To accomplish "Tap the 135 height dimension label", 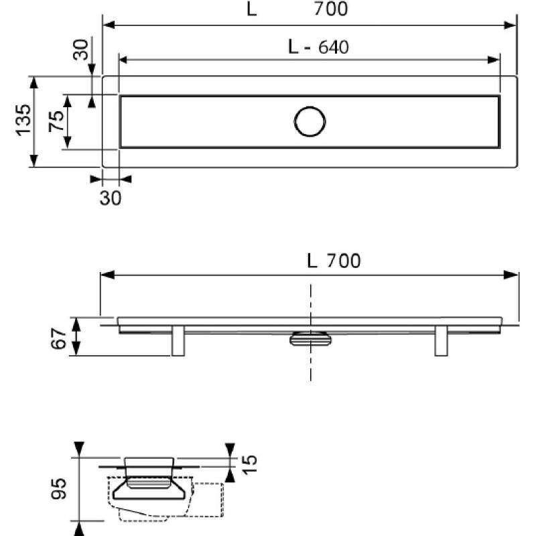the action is tap(23, 120).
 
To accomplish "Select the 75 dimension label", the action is tap(56, 121).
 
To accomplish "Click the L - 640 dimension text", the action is tap(319, 47).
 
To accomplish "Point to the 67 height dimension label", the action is tap(58, 338).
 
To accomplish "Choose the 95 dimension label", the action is tap(58, 489).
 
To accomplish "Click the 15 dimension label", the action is tap(249, 464).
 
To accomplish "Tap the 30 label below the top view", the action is tap(111, 198).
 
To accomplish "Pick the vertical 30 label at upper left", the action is tap(80, 50).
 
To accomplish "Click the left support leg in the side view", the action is tap(178, 340).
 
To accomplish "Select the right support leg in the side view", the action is tap(441, 340).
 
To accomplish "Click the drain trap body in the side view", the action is tap(310, 338).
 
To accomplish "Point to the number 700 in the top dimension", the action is tap(331, 9).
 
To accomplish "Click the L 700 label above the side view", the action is tap(334, 261).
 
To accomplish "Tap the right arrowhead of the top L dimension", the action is tap(510, 25).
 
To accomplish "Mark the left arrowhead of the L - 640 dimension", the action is tap(123, 60).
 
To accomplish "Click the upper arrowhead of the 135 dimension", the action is tap(33, 82).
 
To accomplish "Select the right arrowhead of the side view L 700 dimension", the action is tap(511, 275).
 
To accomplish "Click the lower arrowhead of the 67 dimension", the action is tap(76, 350).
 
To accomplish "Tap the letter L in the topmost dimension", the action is tap(252, 9).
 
